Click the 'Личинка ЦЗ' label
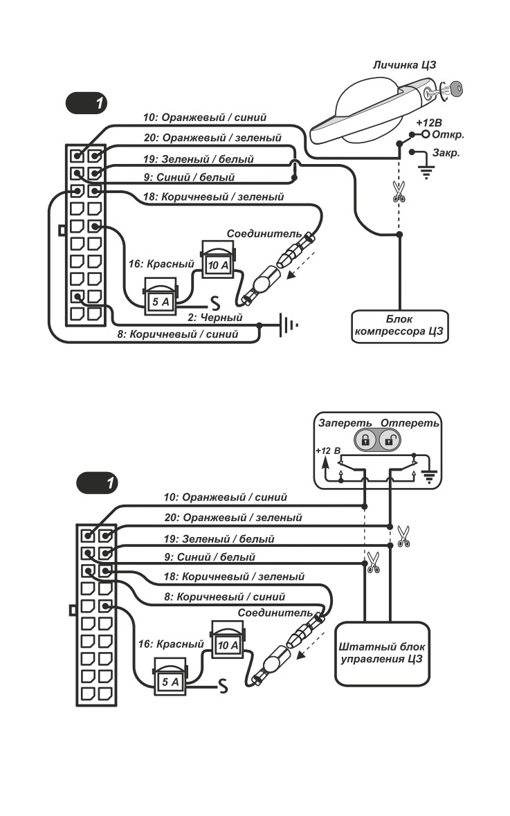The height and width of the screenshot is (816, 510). (x=404, y=65)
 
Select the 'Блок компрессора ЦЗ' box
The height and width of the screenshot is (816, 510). (x=400, y=326)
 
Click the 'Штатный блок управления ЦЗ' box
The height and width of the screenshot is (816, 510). (x=383, y=653)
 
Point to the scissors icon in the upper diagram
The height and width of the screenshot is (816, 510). (x=399, y=191)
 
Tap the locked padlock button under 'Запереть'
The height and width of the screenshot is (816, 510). (x=365, y=441)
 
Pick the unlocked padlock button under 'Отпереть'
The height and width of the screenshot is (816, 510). (x=390, y=441)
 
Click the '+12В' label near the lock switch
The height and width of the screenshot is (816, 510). (x=429, y=123)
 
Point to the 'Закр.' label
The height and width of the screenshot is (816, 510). (x=446, y=154)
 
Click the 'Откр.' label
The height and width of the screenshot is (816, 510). (x=448, y=135)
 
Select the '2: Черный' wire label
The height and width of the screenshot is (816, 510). (x=215, y=317)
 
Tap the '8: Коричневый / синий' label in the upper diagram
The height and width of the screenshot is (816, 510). (x=177, y=334)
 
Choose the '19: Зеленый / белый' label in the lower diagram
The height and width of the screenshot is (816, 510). (x=219, y=538)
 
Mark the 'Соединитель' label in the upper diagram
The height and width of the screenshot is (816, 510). (x=264, y=234)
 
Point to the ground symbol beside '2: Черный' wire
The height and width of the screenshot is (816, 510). (x=289, y=325)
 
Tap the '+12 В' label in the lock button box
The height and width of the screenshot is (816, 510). (x=329, y=451)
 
